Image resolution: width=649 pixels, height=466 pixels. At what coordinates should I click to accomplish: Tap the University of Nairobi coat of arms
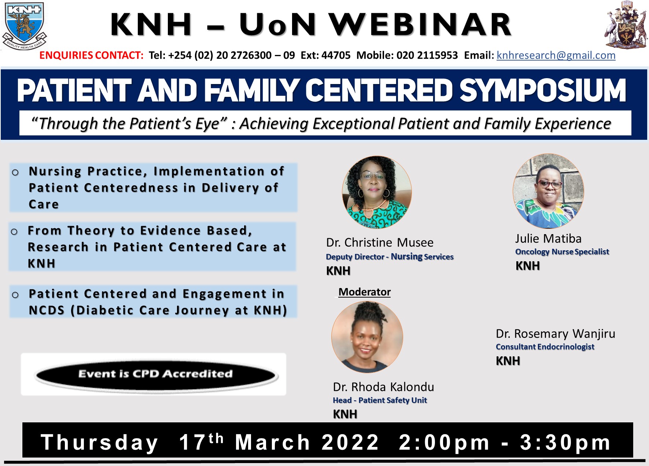point(625,25)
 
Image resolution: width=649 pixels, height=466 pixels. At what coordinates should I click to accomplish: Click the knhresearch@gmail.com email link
point(556,55)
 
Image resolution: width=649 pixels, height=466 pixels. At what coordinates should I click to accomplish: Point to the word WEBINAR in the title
point(420,25)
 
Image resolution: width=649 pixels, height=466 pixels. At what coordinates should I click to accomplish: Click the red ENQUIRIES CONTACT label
point(91,55)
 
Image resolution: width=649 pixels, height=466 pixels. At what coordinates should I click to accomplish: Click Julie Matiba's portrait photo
point(548,191)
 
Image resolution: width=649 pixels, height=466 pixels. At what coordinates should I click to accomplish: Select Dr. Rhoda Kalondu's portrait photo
point(367,337)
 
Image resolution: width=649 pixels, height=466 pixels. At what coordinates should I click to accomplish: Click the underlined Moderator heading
point(365,292)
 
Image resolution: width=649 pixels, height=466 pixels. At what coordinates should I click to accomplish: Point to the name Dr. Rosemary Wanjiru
point(555,334)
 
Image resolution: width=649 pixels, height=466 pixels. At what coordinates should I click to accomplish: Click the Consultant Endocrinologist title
point(545,347)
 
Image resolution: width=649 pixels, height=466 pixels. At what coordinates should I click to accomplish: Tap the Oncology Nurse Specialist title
point(562,252)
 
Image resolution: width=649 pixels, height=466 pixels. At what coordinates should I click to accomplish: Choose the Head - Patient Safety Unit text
point(380,400)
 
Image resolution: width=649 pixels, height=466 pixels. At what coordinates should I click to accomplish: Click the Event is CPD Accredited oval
point(155,374)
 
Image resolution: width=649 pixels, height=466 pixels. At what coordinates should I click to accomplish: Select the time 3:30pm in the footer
point(565,442)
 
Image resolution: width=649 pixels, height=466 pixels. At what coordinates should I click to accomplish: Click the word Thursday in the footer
point(99,443)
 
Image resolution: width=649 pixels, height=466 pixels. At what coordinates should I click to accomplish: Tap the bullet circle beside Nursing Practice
point(15,172)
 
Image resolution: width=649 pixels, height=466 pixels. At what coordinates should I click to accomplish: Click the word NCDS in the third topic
point(47,310)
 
